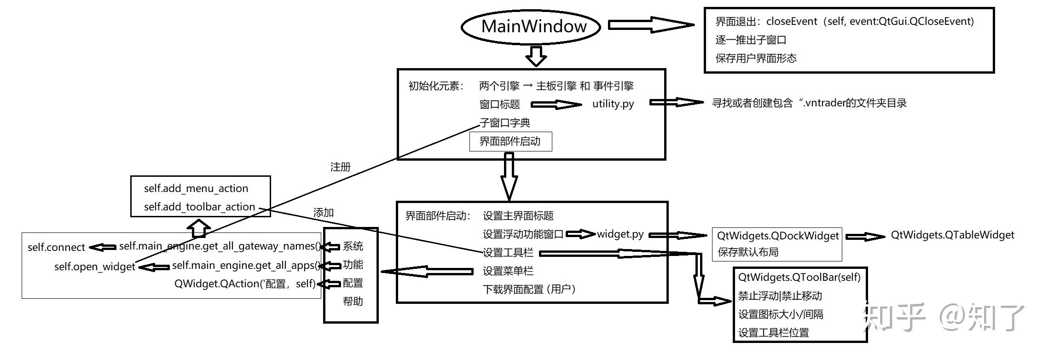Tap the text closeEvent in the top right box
791,22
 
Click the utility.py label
613,104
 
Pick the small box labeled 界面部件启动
510,142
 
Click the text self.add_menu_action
196,189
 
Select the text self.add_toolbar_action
199,207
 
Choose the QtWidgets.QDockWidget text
777,236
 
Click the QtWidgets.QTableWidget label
952,235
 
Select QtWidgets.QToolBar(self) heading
799,278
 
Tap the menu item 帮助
353,302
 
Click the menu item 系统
353,247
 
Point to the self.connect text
56,248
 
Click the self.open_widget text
94,267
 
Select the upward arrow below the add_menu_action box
199,227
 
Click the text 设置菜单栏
508,272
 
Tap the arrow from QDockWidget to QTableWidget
864,237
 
